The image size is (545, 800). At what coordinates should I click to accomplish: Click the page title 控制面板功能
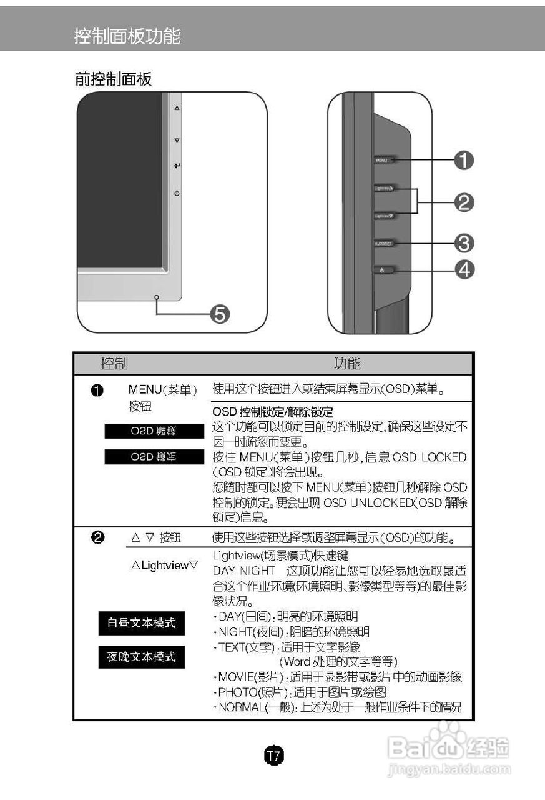(x=127, y=36)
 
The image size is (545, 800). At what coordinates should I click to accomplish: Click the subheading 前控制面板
(x=113, y=79)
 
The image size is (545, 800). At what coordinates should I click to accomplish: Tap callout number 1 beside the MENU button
(x=464, y=161)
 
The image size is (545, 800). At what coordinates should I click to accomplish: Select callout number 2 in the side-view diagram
(x=464, y=202)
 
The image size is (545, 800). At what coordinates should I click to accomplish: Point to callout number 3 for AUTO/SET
(x=464, y=242)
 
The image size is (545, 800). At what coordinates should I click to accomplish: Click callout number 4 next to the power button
(x=464, y=269)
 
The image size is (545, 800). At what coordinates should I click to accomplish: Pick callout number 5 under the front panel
(x=220, y=314)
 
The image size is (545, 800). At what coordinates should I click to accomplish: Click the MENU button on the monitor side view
(x=383, y=161)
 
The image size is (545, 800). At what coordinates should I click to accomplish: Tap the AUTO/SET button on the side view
(x=383, y=242)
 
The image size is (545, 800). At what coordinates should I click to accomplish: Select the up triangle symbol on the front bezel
(x=177, y=109)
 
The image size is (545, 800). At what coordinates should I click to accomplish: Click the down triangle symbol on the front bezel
(x=177, y=141)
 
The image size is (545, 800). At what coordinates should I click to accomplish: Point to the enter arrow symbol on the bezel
(x=177, y=166)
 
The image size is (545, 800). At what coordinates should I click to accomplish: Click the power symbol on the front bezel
(x=177, y=194)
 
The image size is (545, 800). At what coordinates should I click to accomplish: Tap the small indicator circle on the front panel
(x=156, y=297)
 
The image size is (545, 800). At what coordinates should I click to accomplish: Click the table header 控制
(x=115, y=364)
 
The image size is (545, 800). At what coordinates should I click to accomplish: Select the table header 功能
(x=347, y=364)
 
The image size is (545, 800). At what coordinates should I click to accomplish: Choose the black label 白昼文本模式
(x=142, y=623)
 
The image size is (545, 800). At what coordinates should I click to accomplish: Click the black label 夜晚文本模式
(x=142, y=657)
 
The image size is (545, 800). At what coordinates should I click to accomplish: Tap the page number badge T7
(x=273, y=756)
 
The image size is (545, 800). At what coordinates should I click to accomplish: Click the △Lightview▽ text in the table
(x=165, y=566)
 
